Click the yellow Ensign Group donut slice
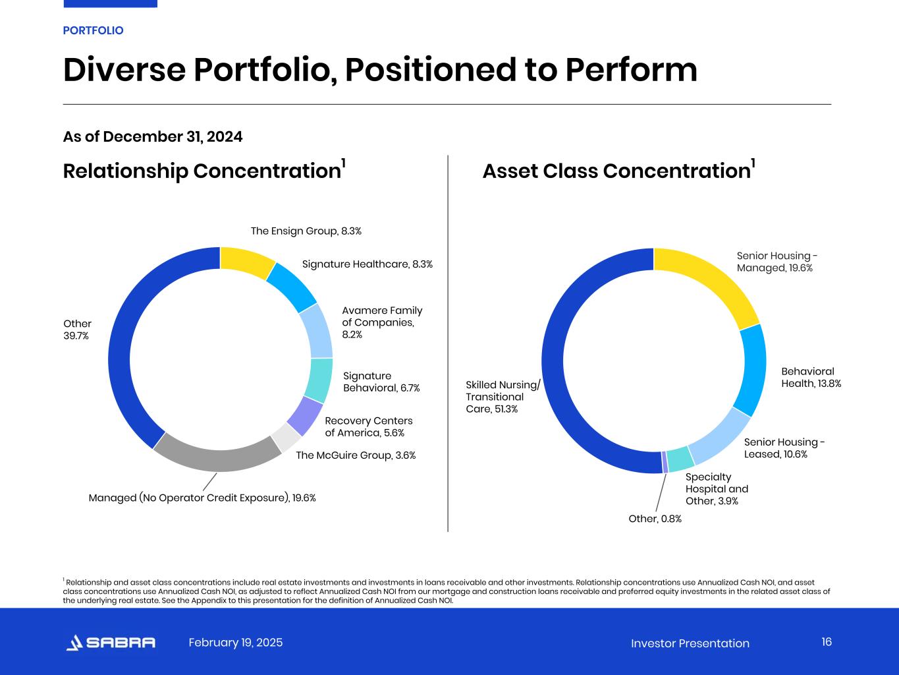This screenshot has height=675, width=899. coord(247,260)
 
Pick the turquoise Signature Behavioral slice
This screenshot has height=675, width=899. coord(318,380)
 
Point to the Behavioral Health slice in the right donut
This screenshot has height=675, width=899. coord(751,369)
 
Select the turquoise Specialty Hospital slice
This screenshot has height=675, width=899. coord(680,457)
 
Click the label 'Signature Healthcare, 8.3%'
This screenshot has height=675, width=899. coord(367,264)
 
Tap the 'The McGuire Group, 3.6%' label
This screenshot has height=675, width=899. coord(356,455)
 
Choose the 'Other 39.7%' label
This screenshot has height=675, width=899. coord(77,330)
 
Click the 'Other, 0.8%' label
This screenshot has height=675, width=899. coord(655,519)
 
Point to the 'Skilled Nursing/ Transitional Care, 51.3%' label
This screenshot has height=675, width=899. coord(503,397)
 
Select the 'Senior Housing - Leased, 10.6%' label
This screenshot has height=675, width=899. coord(784,448)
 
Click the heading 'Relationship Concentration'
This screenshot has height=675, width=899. coord(202,171)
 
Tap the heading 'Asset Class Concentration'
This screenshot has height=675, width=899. coord(616,171)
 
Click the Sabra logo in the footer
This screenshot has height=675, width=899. coord(111,643)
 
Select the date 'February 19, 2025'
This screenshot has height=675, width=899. coord(235,643)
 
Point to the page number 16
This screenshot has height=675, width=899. coord(827,642)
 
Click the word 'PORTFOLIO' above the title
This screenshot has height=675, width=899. coord(93,31)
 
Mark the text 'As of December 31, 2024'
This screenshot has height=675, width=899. coord(153,137)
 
